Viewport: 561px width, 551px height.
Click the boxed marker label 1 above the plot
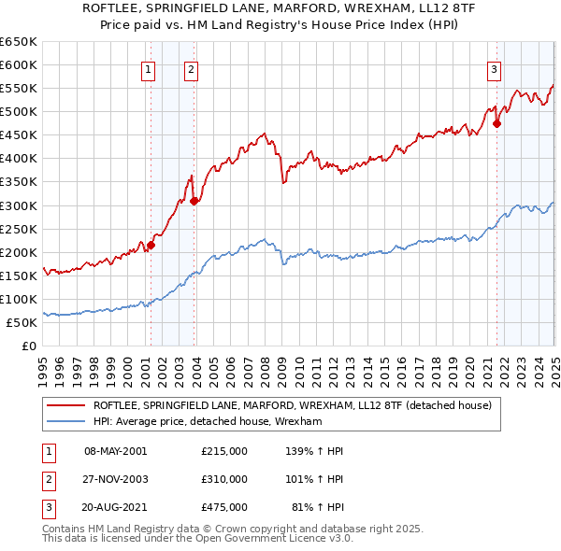[x=149, y=68]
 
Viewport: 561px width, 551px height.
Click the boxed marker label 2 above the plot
[x=191, y=68]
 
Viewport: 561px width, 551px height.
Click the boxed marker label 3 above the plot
[x=493, y=68]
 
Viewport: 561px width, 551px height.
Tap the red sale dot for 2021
[x=497, y=122]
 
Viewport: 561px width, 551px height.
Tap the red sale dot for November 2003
[x=194, y=200]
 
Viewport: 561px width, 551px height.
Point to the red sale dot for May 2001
[x=151, y=245]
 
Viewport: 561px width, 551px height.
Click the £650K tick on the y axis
[x=19, y=42]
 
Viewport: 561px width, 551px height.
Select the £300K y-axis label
[x=19, y=205]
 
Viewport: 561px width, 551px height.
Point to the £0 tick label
[x=29, y=346]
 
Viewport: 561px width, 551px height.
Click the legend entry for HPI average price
[x=208, y=422]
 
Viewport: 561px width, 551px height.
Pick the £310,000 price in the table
[x=223, y=480]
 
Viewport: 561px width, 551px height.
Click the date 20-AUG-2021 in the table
[x=116, y=508]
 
